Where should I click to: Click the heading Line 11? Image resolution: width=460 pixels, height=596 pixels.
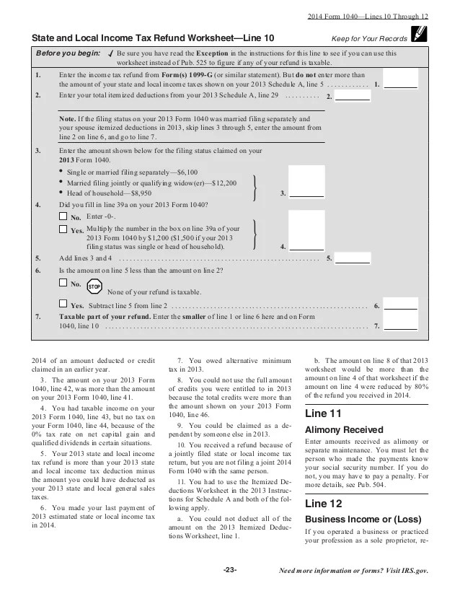click(x=324, y=414)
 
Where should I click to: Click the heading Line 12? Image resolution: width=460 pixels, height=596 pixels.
click(x=324, y=502)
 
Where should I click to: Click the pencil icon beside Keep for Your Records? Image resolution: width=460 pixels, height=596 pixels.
click(x=416, y=35)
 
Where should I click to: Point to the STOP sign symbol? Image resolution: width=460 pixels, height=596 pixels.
click(x=94, y=286)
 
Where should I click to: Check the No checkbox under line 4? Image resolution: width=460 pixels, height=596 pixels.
click(x=62, y=216)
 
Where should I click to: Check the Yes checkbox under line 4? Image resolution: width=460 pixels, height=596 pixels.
click(x=62, y=229)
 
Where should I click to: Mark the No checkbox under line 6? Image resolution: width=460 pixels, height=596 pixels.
click(x=62, y=284)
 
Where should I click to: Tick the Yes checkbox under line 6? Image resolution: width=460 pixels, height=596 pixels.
click(x=62, y=305)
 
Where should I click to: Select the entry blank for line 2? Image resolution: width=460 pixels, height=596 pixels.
click(x=353, y=95)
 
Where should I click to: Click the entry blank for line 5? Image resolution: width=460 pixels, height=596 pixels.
click(x=353, y=258)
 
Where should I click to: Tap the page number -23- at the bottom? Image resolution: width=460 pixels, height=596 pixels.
click(x=230, y=570)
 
